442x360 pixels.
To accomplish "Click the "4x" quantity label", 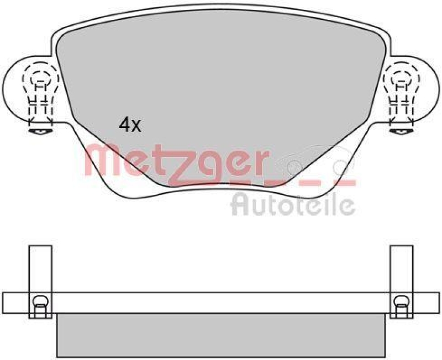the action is point(130,125).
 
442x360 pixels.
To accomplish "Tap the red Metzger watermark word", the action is point(177,164).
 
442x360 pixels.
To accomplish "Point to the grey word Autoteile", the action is point(293,204).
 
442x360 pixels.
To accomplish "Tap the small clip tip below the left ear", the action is point(41,131).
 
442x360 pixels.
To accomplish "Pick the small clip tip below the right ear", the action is point(402,131).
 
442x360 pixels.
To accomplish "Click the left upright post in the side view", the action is point(40,282).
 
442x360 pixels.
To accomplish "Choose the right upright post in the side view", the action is point(402,282).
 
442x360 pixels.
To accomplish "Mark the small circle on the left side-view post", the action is point(40,301).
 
